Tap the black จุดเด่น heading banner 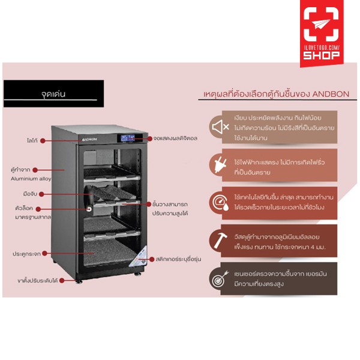[53, 94]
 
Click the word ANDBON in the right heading [328, 94]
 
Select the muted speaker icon [220, 127]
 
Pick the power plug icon [219, 164]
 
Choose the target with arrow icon [219, 278]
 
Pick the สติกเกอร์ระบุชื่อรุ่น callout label [181, 258]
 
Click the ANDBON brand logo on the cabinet [89, 138]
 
